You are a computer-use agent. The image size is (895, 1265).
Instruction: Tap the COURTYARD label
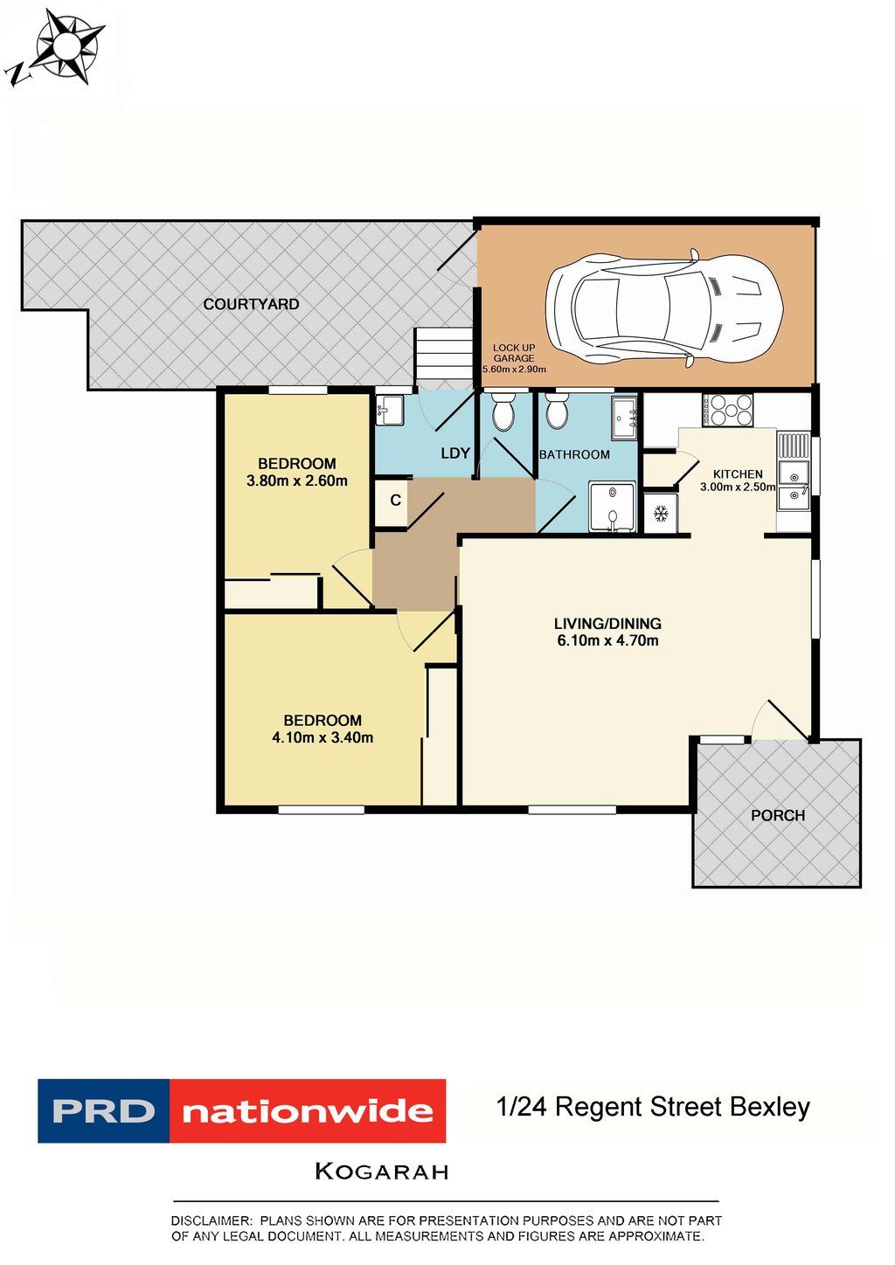(x=251, y=304)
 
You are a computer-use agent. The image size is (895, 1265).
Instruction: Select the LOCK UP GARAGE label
(x=514, y=353)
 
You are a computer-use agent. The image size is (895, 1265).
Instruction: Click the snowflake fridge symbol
(x=661, y=514)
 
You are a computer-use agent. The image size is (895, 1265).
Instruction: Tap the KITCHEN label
(x=738, y=474)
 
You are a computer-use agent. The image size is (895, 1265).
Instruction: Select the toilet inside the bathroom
(x=556, y=412)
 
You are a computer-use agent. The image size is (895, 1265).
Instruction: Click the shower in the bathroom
(x=612, y=507)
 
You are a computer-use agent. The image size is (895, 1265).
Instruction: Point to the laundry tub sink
(x=389, y=409)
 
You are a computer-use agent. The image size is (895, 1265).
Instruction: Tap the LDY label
(x=455, y=453)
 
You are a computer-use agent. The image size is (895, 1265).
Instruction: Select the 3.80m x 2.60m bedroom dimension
(x=296, y=481)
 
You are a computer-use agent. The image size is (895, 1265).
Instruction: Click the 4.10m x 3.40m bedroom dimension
(x=323, y=737)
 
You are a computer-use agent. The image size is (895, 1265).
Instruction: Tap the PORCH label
(x=778, y=815)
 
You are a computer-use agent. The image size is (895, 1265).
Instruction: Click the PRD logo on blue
(x=103, y=1111)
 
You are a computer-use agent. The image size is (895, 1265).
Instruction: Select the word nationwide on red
(x=308, y=1111)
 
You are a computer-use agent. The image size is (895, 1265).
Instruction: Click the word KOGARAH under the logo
(x=382, y=1172)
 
